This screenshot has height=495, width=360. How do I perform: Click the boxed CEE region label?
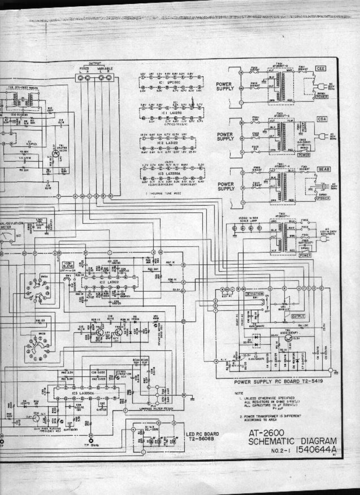[x=320, y=69]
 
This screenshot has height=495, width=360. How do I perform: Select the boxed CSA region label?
[x=321, y=120]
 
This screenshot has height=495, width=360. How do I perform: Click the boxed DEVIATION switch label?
[x=254, y=293]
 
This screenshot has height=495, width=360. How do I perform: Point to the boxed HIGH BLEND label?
[x=68, y=265]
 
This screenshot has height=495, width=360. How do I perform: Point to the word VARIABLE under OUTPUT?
[x=105, y=69]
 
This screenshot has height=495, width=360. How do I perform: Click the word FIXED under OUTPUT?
[x=84, y=69]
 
